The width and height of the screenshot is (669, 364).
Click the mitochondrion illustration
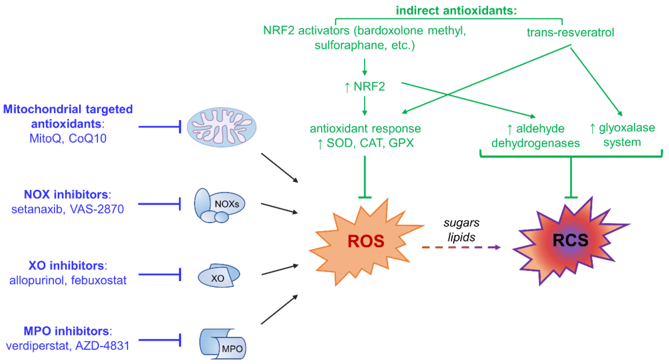[x=222, y=127]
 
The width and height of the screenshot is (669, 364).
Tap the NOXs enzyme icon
[x=219, y=205]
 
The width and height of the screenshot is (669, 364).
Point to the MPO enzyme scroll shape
[x=223, y=344]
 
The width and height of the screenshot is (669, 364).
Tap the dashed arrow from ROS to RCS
[x=461, y=247]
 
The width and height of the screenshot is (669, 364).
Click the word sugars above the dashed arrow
[x=461, y=223]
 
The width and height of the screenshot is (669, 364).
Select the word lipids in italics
[x=461, y=237]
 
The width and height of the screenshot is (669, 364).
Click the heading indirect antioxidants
[x=456, y=11]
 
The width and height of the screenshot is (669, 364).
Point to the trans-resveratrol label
[x=570, y=32]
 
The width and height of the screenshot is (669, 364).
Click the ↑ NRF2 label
[x=365, y=87]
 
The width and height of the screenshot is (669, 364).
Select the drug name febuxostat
[x=99, y=280]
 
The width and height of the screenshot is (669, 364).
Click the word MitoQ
[x=45, y=139]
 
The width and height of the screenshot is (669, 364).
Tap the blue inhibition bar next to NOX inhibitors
[x=159, y=204]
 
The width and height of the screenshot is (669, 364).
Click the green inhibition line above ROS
[x=365, y=177]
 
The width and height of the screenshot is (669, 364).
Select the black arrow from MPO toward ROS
[x=279, y=310]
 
